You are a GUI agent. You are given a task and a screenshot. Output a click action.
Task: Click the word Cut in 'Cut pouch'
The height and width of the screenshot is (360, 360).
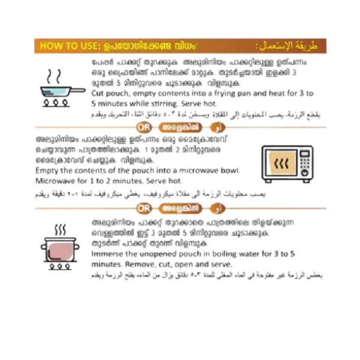coord(98,94)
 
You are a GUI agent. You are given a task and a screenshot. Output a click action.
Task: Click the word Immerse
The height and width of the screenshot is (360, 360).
coord(109,254)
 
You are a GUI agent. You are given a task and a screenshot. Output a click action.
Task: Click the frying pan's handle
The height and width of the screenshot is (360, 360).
coord(77,91)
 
